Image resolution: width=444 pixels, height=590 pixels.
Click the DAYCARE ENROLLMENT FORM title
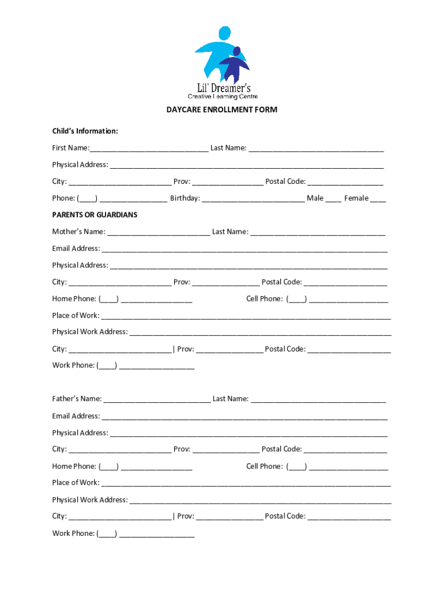click(222, 109)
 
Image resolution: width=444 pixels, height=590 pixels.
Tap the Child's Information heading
click(85, 131)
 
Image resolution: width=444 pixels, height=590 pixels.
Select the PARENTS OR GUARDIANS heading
click(95, 214)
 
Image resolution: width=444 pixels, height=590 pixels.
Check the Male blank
click(333, 199)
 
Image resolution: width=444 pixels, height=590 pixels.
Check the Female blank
click(378, 199)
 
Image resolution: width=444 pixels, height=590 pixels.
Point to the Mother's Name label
click(78, 232)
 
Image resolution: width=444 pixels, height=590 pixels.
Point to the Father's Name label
click(77, 399)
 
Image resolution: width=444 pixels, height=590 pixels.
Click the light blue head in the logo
click(224, 33)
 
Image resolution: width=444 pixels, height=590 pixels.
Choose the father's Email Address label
click(76, 416)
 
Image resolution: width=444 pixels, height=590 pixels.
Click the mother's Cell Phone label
click(264, 298)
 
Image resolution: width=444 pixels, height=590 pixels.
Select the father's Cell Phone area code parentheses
click(297, 467)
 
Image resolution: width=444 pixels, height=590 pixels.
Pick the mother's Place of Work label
click(76, 315)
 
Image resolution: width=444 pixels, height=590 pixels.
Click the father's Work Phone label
click(73, 534)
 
